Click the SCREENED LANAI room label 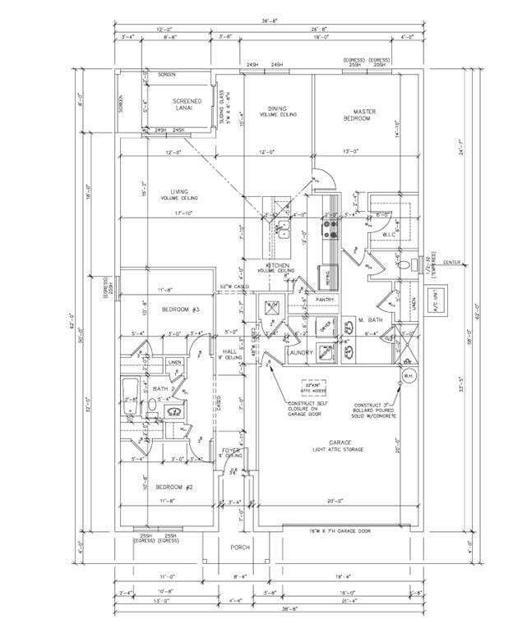[x=187, y=105]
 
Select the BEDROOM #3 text [x=180, y=309]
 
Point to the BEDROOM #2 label [x=174, y=488]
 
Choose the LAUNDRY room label [x=300, y=352]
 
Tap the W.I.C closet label [x=389, y=235]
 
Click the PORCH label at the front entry [x=239, y=546]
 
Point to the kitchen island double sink [x=282, y=232]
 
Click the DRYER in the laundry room [x=326, y=325]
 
